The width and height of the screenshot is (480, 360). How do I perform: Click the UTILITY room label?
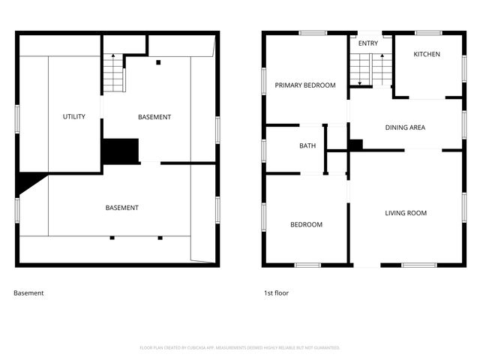(74, 116)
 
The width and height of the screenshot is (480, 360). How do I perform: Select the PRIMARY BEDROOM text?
(304, 85)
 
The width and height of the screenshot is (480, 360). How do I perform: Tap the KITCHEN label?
(427, 54)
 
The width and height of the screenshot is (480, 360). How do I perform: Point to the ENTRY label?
(368, 43)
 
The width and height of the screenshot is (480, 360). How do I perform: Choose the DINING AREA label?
(405, 127)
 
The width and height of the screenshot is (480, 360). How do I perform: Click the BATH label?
(307, 146)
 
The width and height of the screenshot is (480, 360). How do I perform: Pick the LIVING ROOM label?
(406, 213)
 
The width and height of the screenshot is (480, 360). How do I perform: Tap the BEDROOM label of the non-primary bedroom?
(306, 225)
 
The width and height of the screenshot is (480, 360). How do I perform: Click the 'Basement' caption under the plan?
(28, 293)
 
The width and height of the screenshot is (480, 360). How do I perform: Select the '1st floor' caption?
(276, 293)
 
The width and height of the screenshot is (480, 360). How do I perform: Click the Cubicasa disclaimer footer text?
(240, 348)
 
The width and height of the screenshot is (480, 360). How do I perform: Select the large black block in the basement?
(121, 151)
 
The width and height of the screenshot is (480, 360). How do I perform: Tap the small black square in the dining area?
(355, 144)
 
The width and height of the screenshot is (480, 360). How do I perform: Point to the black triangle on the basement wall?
(28, 182)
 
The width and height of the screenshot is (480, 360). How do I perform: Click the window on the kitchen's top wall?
(428, 32)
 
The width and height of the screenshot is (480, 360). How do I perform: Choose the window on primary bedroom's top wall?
(312, 32)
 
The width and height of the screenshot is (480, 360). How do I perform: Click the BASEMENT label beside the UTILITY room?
(154, 117)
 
